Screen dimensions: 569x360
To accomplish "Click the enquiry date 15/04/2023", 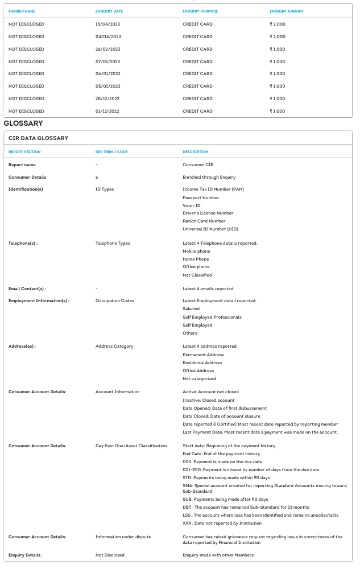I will (108, 24).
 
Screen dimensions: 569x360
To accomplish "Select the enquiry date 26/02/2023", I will (108, 49).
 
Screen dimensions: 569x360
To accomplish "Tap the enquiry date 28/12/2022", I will (108, 98).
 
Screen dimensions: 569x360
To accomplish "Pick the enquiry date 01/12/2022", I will (108, 111).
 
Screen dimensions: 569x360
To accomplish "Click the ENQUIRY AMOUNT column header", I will (287, 11).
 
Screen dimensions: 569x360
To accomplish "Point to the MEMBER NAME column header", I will (22, 11).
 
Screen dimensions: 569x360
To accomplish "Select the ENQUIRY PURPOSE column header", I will (200, 11).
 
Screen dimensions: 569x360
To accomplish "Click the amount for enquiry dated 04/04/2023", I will (278, 36).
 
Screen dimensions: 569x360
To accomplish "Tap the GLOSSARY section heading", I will (23, 123).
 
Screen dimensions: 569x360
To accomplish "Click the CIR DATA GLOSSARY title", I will (38, 138).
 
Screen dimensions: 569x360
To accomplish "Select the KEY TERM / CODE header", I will (111, 152).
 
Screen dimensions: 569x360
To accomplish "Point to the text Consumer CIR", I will (198, 165).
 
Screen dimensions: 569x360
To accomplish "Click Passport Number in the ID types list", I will (201, 197).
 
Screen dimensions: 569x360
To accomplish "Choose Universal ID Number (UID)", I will (210, 229).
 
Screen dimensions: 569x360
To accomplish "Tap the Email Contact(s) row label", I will (27, 288).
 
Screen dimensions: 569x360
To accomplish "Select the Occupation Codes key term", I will (115, 300).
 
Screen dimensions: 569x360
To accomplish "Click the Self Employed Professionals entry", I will (212, 317).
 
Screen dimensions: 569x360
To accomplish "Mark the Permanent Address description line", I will (203, 354).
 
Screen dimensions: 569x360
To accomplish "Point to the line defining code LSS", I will (260, 515).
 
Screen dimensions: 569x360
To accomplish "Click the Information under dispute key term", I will (123, 537).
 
